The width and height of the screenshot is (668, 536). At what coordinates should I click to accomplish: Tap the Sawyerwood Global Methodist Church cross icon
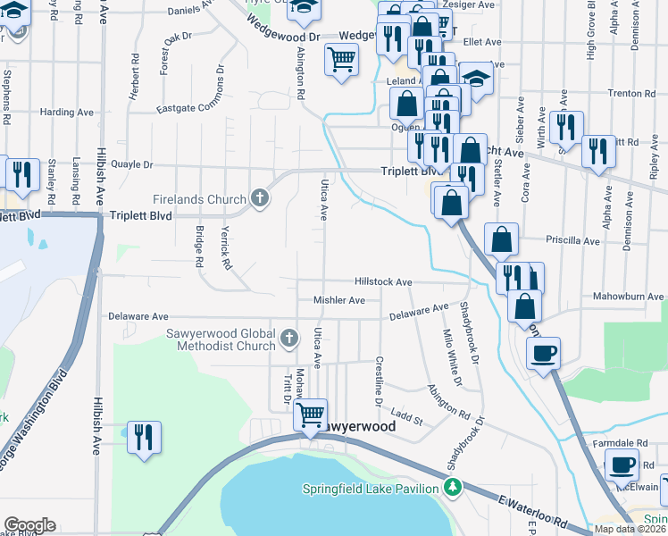coord(288,339)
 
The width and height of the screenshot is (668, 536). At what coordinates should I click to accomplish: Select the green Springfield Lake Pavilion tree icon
coord(454,487)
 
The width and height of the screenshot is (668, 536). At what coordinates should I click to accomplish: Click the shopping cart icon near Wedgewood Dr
coord(342,60)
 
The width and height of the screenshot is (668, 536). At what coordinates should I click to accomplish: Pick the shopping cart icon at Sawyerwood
coord(310,414)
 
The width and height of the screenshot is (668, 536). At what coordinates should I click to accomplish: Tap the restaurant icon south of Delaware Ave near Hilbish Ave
coord(144,437)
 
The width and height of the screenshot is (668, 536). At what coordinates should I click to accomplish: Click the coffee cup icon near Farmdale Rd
coord(622,465)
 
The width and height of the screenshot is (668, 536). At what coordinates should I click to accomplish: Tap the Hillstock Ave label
coord(382,281)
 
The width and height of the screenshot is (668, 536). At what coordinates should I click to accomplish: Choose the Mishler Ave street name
coord(338,300)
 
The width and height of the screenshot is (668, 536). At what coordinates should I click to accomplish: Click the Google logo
coord(29,525)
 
